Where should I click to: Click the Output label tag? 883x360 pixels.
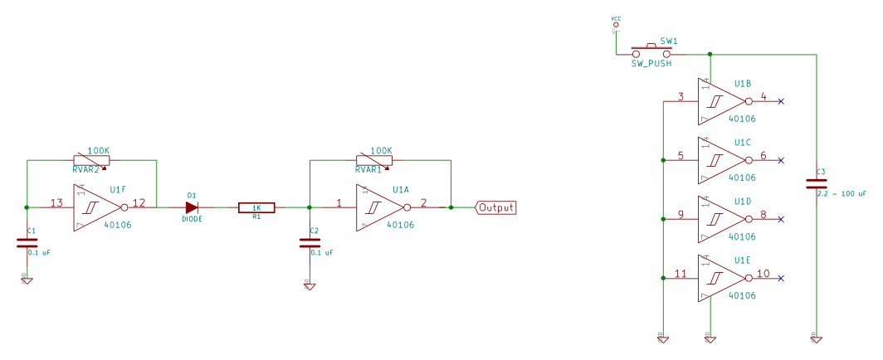coord(495,207)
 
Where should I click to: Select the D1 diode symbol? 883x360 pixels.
coord(192,207)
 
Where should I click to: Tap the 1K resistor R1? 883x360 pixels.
coord(256,207)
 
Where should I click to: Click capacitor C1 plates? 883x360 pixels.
coord(27,243)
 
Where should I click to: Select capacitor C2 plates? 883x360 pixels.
coord(309,243)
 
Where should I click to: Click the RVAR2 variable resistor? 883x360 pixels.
coord(91,160)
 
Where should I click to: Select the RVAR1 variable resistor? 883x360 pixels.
coord(374,160)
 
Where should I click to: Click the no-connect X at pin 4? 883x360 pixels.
coord(781,101)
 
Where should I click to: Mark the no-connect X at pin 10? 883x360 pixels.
coord(781,278)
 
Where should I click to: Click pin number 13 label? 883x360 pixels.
coord(56,202)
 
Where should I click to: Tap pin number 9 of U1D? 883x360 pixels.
coord(681,215)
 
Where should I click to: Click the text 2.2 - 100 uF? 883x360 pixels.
coord(841,193)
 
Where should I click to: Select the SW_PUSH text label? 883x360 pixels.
coord(651,62)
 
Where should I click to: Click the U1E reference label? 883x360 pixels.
coord(743,260)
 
